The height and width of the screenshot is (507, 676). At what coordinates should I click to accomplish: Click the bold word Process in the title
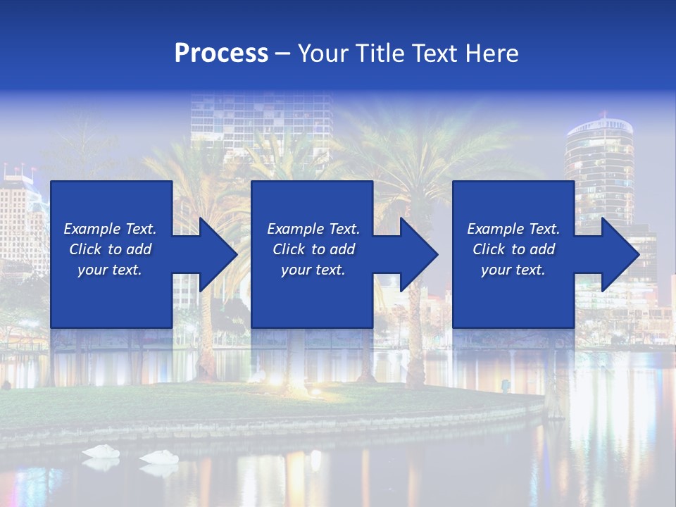click(221, 54)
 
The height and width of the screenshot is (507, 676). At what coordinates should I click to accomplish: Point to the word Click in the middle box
click(288, 249)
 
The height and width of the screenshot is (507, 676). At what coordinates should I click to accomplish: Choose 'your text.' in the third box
click(513, 270)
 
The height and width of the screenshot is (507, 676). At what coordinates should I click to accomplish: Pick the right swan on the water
click(159, 457)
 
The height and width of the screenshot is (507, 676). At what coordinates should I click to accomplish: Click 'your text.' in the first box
click(110, 270)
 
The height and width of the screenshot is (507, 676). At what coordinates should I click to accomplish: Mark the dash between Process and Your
click(282, 54)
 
